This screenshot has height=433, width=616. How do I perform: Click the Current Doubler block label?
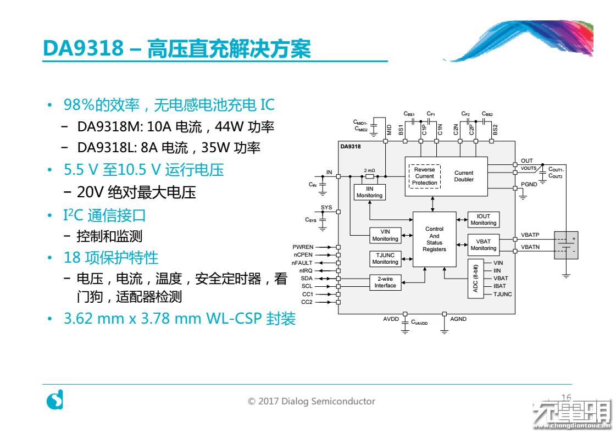[463, 176]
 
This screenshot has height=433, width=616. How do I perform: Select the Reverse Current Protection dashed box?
[424, 176]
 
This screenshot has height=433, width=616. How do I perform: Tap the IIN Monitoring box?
[369, 192]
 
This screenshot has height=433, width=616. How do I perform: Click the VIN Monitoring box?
[385, 235]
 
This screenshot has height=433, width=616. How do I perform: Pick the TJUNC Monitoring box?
[385, 258]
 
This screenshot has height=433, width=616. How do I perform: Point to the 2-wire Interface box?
[385, 282]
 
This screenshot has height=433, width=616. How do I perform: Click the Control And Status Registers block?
[434, 240]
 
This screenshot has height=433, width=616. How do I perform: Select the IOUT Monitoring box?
[483, 219]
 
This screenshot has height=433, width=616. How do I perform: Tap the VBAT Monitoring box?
[483, 245]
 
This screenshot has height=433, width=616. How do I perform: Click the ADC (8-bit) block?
[476, 279]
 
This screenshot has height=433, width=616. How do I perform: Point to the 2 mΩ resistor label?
[369, 170]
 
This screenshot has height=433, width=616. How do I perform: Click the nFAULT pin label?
[302, 263]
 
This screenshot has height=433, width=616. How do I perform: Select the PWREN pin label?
[303, 247]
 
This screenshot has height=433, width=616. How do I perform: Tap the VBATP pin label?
[530, 235]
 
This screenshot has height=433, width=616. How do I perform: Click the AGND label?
[458, 319]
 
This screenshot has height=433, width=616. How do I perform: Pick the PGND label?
[529, 185]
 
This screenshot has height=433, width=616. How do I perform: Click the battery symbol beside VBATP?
[566, 245]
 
